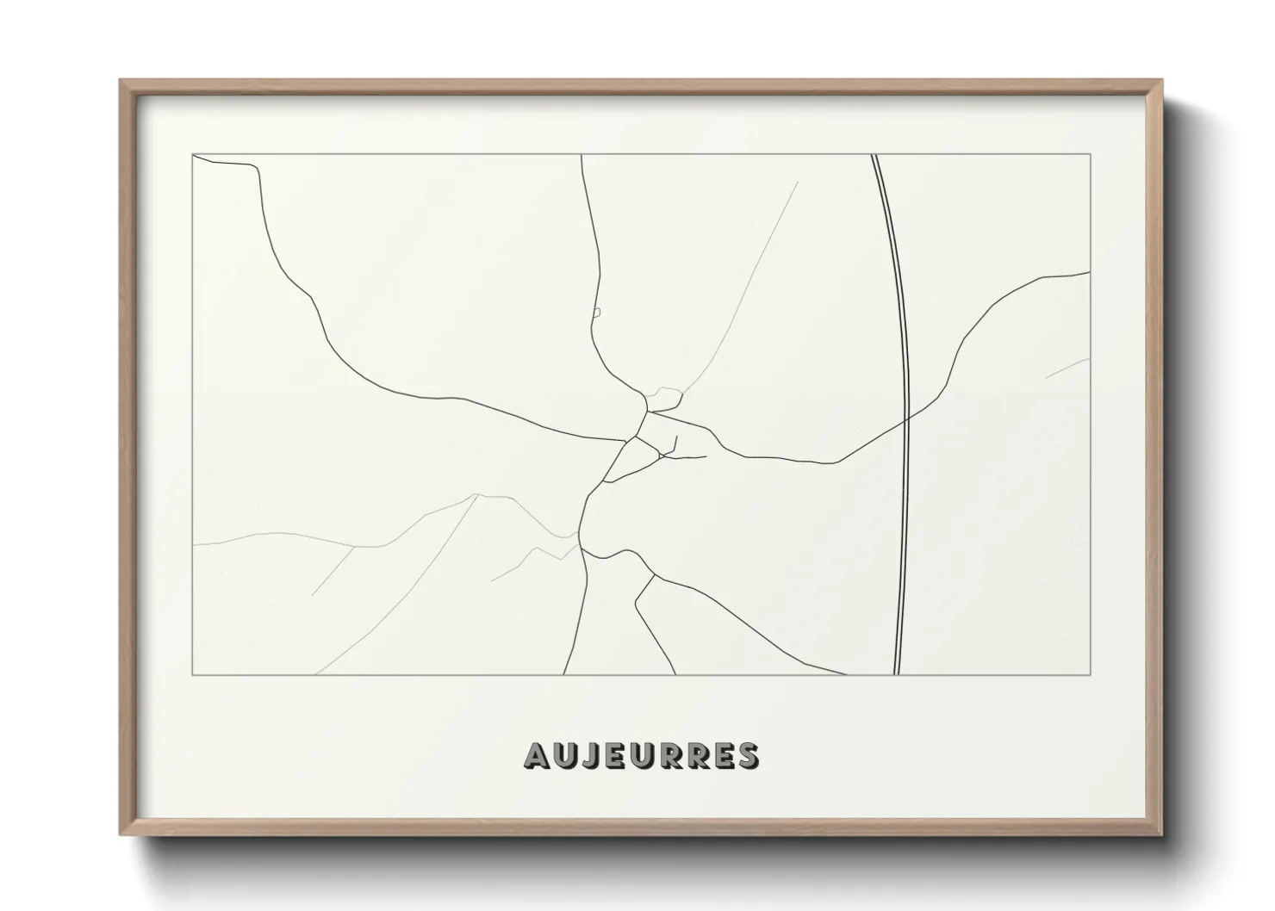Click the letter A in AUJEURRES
[x=536, y=755]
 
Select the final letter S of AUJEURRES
[x=748, y=755]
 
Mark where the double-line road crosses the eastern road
[x=907, y=419]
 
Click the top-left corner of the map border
[x=192, y=154]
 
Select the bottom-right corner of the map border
[x=1090, y=675]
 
